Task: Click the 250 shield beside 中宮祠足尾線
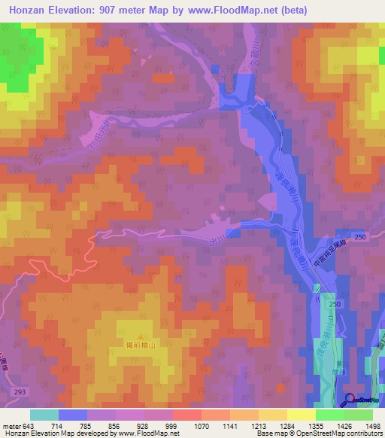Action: tap(359, 238)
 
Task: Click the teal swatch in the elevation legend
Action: tap(44, 415)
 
